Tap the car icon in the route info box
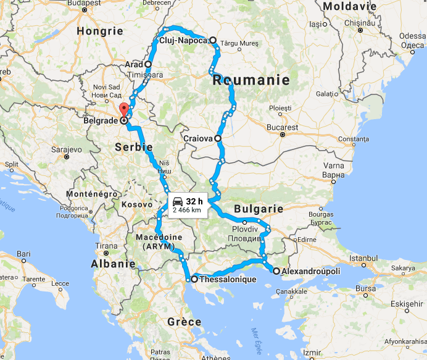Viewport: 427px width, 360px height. coord(177,201)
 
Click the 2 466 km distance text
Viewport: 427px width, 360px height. coord(187,210)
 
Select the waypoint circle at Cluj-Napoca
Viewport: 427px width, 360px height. coord(213,41)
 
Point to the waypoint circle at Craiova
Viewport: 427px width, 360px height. coord(218,138)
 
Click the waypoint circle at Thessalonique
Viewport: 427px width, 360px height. coord(194,279)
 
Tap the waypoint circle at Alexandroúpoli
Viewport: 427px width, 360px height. coord(275,270)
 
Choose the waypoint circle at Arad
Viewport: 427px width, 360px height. coord(148,64)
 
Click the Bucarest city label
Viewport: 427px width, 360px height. coord(283,127)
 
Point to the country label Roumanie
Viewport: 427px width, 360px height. coord(251,80)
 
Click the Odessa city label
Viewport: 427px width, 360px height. coord(412,36)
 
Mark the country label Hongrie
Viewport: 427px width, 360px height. coord(99,30)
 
